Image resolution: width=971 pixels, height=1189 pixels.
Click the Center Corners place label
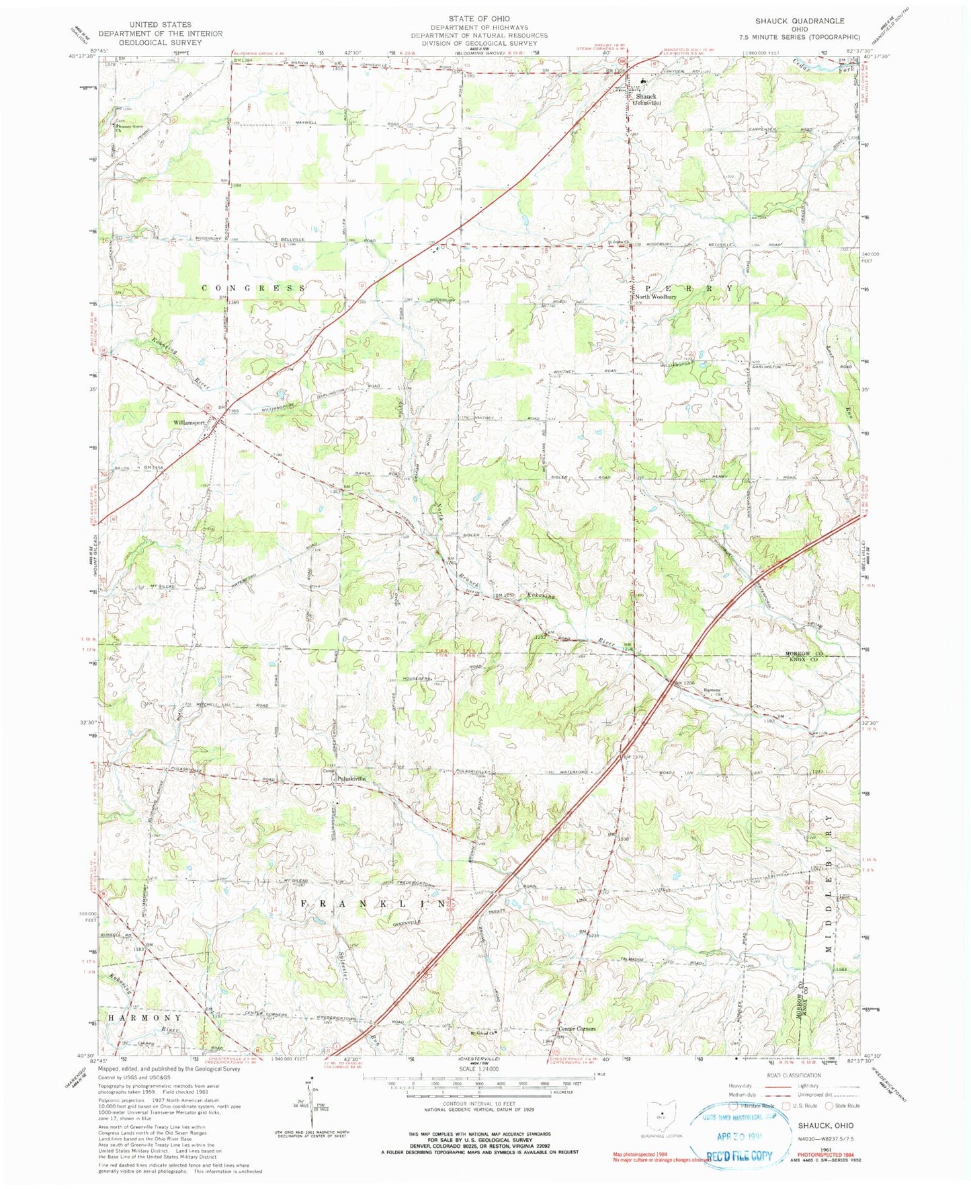pos(577,1028)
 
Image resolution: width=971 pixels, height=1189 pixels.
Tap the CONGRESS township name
pos(254,288)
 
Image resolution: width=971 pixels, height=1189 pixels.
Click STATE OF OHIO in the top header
pos(480,18)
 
